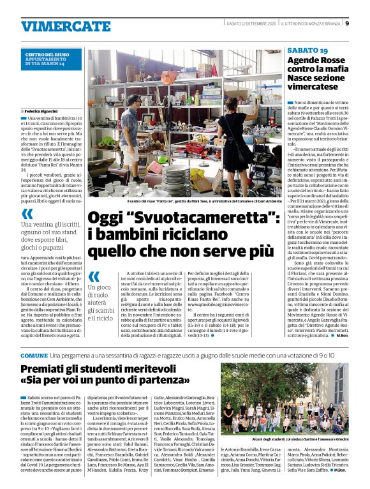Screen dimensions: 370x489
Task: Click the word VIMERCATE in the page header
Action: [57, 26]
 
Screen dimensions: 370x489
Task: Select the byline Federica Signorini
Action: [42, 110]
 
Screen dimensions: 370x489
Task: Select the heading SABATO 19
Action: [307, 50]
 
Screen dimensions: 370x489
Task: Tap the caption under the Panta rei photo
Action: [184, 200]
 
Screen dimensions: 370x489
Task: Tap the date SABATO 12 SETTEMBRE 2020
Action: [248, 24]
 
